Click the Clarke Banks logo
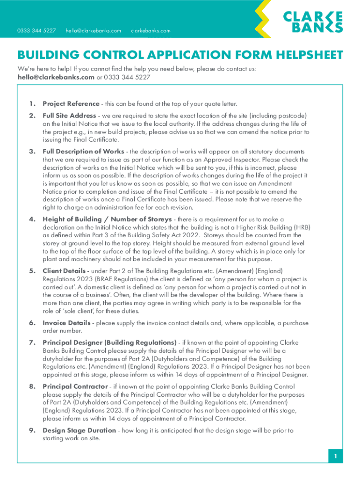[x=313, y=22]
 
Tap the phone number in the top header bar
[x=36, y=31]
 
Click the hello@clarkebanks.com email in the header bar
[x=94, y=31]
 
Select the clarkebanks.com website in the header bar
[x=151, y=31]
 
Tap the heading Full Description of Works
[x=83, y=152]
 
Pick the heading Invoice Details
[x=66, y=323]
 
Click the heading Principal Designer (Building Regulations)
[x=109, y=342]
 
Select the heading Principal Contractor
[x=75, y=386]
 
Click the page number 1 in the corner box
[x=335, y=456]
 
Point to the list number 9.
[x=31, y=430]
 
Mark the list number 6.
[x=31, y=323]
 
